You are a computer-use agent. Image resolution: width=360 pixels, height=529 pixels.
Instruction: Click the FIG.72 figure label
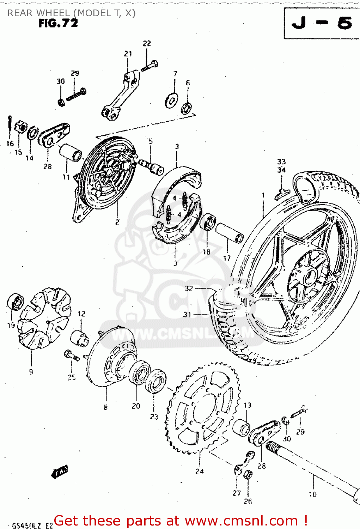pyautogui.click(x=58, y=23)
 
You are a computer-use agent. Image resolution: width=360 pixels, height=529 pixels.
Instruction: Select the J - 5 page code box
pyautogui.click(x=322, y=23)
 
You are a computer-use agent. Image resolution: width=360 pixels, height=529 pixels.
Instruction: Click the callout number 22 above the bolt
pyautogui.click(x=147, y=43)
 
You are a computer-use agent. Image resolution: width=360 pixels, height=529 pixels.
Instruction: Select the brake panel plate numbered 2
pyautogui.click(x=108, y=173)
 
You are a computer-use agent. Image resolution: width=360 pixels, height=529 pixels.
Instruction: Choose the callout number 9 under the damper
pyautogui.click(x=31, y=371)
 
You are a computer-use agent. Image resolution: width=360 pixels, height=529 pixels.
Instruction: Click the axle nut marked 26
pyautogui.click(x=248, y=475)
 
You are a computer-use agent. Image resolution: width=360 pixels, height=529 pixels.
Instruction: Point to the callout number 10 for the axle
pyautogui.click(x=312, y=494)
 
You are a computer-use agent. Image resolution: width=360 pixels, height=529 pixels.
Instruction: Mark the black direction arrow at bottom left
pyautogui.click(x=60, y=472)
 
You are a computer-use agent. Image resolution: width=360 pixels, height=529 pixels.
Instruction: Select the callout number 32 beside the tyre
pyautogui.click(x=189, y=288)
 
